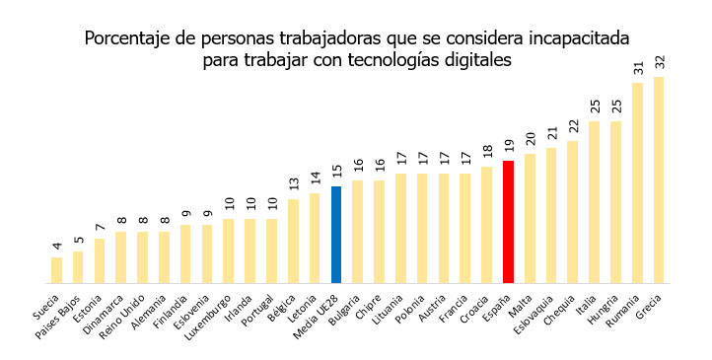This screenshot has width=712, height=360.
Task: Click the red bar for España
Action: point(508,222)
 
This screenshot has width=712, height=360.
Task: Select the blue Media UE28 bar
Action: point(336,235)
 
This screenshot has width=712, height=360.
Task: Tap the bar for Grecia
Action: point(659,180)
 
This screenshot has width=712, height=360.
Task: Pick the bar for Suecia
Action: point(57,270)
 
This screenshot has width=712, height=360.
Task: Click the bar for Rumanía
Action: point(637,182)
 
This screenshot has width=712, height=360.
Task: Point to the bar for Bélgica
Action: point(293,241)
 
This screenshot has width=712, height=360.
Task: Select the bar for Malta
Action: point(530,219)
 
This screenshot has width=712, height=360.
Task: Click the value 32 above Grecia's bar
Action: point(660,62)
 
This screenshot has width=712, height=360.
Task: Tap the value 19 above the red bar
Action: point(509,146)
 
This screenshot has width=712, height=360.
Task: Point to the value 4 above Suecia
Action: point(57,246)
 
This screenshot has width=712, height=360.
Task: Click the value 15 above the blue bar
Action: point(336,172)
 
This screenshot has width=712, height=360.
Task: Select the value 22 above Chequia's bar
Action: point(573,126)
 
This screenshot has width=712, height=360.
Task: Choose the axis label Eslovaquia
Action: point(534,315)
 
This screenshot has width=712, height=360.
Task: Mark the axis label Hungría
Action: point(603,310)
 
